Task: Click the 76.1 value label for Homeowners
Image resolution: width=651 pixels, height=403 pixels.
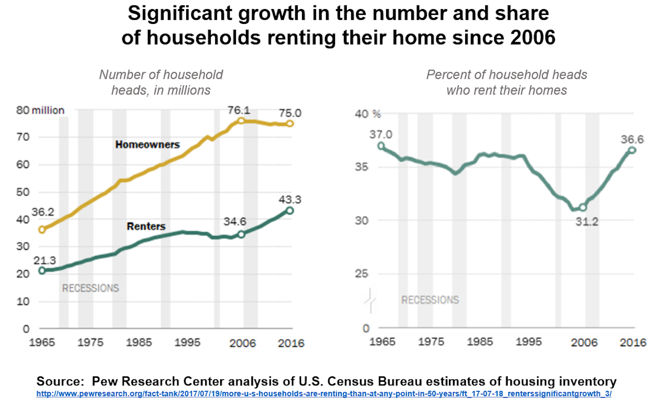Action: [239, 110]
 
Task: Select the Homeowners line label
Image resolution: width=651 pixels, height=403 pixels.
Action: [147, 145]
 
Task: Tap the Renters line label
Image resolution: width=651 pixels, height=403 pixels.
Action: [146, 226]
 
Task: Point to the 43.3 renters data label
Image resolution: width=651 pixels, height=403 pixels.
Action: [290, 200]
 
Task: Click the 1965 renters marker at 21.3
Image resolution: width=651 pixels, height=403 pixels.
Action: [42, 271]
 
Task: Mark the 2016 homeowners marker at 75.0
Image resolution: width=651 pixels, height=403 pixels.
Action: [290, 123]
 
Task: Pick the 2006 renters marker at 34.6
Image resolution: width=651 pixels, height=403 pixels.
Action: [241, 234]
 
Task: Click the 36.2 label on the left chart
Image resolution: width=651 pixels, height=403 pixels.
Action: [42, 212]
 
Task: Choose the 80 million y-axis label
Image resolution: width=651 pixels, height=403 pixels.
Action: [40, 110]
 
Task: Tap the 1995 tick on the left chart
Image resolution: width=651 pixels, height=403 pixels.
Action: [187, 342]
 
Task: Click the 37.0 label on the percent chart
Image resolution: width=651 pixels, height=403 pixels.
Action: [381, 134]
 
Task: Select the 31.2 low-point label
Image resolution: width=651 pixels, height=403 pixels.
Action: [587, 222]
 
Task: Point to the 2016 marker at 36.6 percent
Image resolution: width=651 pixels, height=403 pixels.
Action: [632, 150]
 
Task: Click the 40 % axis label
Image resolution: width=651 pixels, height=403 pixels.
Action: [368, 114]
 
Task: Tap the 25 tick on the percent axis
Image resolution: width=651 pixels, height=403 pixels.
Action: [362, 273]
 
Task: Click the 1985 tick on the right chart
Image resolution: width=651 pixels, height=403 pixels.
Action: [480, 342]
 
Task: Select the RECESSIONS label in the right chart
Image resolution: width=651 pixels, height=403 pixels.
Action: [430, 300]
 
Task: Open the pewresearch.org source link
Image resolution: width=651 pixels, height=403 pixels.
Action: [324, 394]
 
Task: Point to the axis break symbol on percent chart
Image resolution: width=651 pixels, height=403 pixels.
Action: [370, 300]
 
